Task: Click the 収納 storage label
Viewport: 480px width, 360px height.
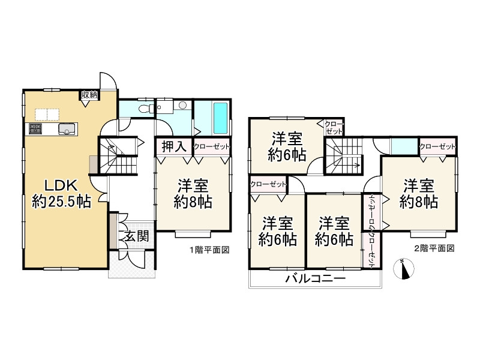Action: (89, 95)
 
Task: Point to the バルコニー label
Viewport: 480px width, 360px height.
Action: (315, 279)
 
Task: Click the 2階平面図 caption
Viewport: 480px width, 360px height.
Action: (434, 248)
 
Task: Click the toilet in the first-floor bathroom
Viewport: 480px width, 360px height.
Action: (144, 109)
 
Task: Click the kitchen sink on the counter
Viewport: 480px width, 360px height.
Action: (67, 128)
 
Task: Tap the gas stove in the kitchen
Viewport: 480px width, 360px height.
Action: (34, 128)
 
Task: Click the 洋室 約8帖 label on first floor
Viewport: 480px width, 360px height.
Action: (193, 193)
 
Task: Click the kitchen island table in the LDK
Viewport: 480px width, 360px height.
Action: (47, 114)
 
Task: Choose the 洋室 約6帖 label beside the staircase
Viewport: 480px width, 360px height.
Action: (287, 146)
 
